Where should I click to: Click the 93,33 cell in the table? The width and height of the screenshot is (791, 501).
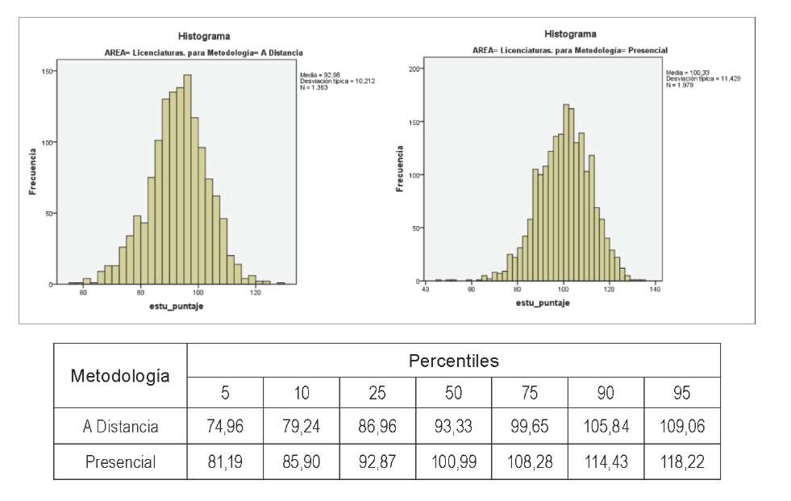coord(452,427)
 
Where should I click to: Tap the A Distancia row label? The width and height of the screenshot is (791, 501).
coord(120,427)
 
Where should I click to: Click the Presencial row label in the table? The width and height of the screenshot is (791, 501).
coord(120,462)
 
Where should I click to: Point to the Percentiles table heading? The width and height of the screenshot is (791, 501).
coord(453,361)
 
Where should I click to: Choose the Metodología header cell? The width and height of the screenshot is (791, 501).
coord(120,375)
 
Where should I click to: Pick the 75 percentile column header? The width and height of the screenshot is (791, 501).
coord(529,393)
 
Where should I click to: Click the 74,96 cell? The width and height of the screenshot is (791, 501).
coord(225,427)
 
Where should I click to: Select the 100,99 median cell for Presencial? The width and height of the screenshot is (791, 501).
coord(452,462)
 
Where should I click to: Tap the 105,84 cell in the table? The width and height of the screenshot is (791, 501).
coord(605,427)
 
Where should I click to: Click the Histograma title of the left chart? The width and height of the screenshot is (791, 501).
coord(203,36)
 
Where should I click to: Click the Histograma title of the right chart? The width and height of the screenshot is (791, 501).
coord(570,34)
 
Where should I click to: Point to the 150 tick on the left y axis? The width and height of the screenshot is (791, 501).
coord(47,71)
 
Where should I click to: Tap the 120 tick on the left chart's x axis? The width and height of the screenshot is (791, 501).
coord(256,294)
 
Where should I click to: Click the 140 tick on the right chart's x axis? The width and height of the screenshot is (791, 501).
coord(655,289)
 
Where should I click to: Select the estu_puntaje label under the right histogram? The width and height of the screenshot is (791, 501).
coord(541,303)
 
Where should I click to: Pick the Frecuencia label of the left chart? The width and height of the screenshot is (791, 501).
coord(33,170)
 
